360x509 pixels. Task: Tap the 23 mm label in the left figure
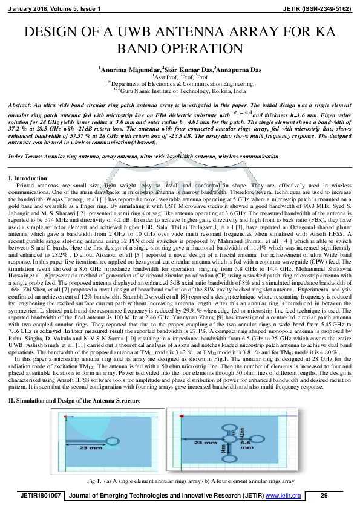pos(74,448)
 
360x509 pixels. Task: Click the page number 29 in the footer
pos(324,495)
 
